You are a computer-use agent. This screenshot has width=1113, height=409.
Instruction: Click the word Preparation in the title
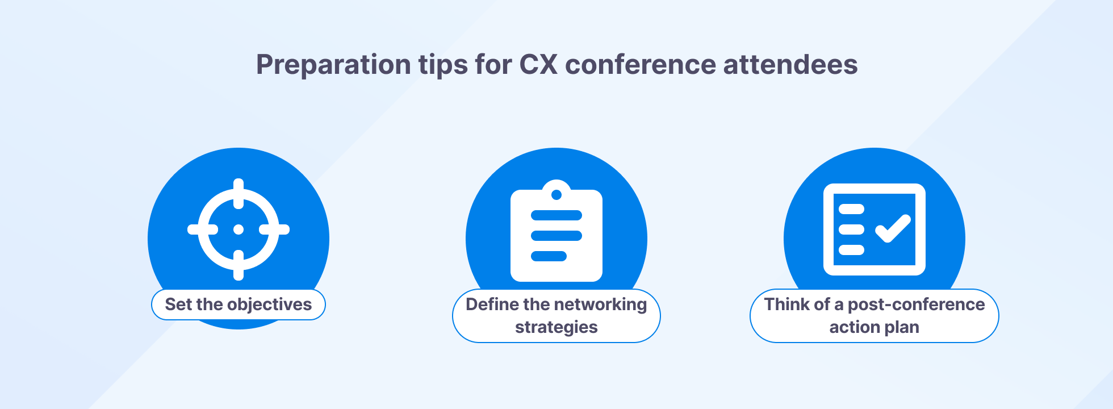333,65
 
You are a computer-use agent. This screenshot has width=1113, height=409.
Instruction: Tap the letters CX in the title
538,64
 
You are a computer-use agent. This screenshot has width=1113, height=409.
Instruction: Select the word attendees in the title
790,64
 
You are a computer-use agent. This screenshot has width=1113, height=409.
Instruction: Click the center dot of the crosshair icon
238,229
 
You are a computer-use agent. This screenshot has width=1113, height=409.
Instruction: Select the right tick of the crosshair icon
275,229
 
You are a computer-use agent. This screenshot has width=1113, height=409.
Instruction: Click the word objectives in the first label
269,304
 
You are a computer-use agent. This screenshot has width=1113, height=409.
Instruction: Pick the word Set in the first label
178,304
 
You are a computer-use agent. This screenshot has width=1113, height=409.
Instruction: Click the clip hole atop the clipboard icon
556,195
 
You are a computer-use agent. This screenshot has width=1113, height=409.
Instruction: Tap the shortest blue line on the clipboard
549,256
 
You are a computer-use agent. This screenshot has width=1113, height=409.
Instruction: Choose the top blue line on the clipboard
556,215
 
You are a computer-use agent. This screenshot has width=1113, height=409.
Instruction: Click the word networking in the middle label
602,304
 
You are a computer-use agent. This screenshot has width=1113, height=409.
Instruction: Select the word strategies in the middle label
556,327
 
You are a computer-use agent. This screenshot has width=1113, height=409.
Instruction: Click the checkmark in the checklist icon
893,228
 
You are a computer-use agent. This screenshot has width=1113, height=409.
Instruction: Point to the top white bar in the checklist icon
851,209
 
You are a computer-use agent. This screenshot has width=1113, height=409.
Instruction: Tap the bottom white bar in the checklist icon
851,250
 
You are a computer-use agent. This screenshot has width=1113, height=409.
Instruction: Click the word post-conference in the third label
916,304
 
